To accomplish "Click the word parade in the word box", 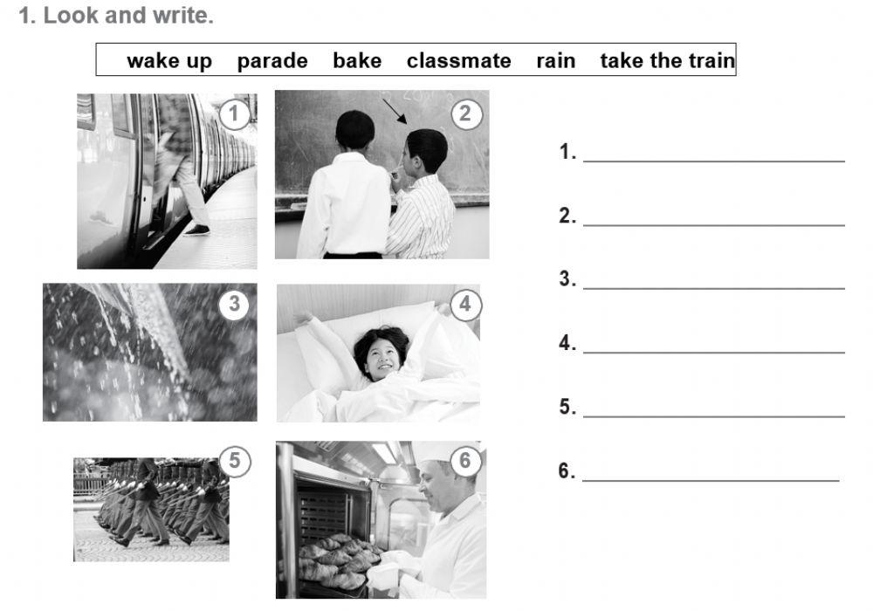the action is click(272, 61).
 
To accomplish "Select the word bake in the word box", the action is click(357, 60).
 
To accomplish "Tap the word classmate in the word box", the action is click(459, 60).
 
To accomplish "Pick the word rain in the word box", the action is click(555, 60).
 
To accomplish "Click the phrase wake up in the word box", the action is click(169, 61).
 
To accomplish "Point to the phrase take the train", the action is click(668, 60).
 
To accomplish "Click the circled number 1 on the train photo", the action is click(234, 114).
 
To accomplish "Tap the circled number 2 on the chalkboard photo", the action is click(465, 114).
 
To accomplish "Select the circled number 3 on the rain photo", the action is click(234, 305).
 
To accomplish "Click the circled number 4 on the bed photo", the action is click(465, 305).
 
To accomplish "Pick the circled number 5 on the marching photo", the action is click(234, 461).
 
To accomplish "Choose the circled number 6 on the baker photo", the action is click(465, 461).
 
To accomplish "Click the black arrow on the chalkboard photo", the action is click(395, 112).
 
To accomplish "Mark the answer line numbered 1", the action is click(714, 161).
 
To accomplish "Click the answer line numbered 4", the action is click(714, 353).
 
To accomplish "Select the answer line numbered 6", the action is click(711, 480).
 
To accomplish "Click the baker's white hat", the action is click(443, 452).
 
